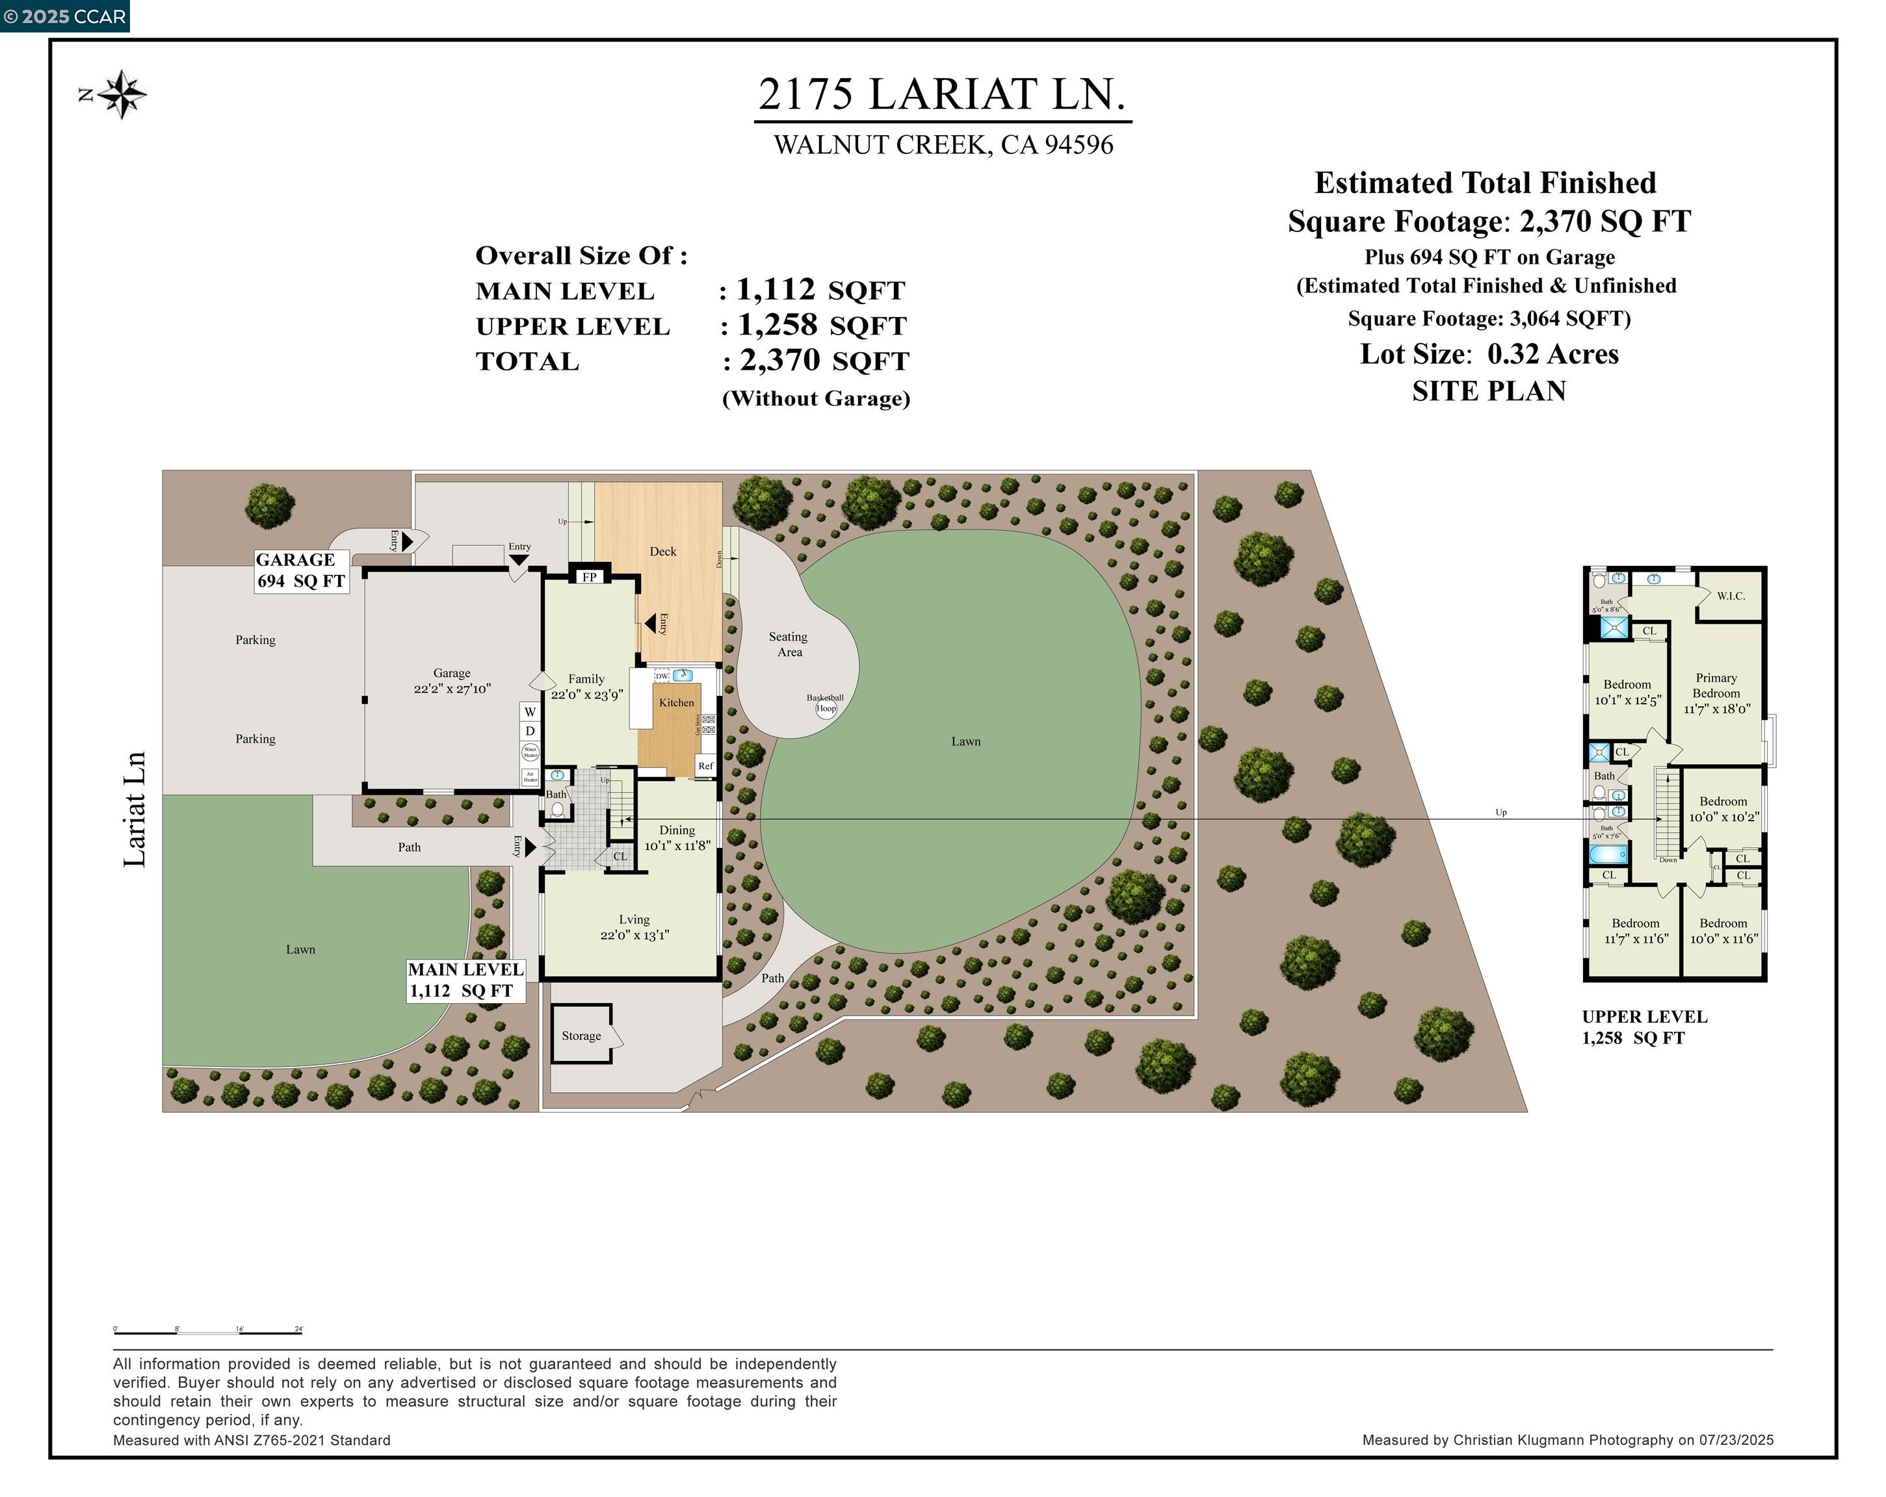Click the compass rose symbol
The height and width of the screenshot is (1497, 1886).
tap(122, 94)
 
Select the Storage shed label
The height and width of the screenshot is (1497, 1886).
tap(581, 1035)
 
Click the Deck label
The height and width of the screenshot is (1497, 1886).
tap(662, 551)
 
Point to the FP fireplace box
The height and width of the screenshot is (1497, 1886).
tap(589, 577)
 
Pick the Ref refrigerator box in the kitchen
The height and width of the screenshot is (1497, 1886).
tap(705, 766)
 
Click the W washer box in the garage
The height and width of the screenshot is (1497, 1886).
tap(530, 711)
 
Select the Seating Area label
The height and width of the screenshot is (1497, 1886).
tap(788, 644)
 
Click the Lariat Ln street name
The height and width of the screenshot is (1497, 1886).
tap(134, 809)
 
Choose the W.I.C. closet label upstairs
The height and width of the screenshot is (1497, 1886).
tap(1730, 595)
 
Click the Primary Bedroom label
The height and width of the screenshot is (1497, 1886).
tap(1716, 685)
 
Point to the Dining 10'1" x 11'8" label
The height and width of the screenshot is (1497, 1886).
tap(677, 838)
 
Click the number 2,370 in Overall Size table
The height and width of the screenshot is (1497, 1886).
tap(780, 359)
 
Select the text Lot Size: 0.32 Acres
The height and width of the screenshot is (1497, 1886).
tap(1489, 353)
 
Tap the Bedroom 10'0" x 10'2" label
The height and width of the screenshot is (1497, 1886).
tap(1722, 809)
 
